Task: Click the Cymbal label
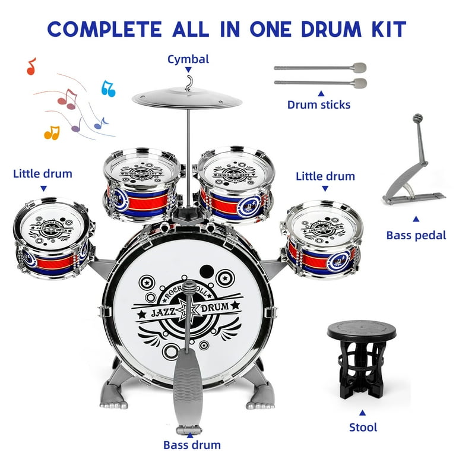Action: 188,59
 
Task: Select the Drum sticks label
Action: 319,104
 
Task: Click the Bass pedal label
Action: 416,235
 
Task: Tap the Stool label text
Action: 363,427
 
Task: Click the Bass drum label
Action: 192,445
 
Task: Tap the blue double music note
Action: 108,88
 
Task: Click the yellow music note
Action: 52,132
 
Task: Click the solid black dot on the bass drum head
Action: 206,272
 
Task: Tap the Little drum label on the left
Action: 43,173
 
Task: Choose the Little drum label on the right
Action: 325,176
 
